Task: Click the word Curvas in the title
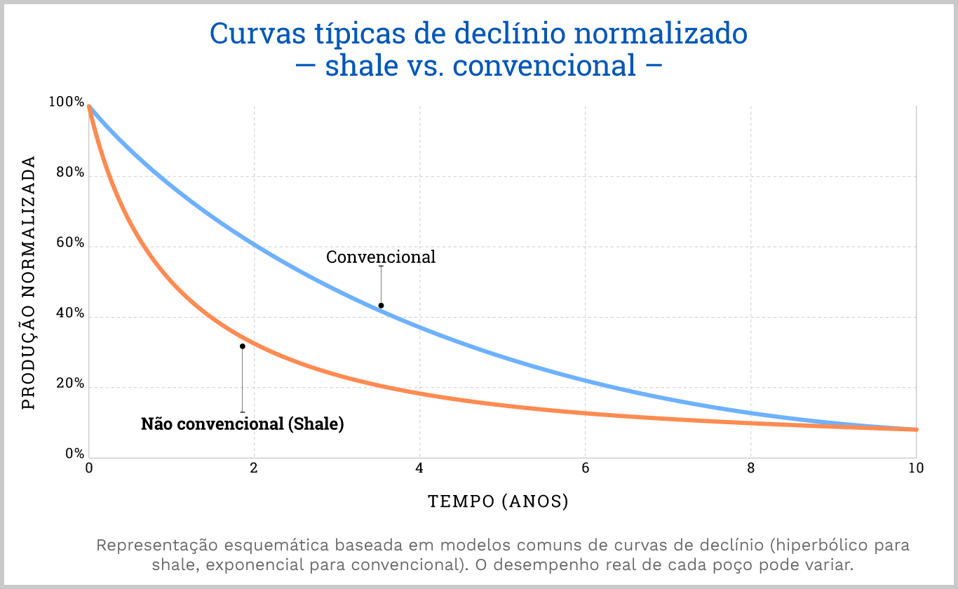248,34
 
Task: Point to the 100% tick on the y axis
66,102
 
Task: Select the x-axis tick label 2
254,468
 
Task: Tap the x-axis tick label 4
419,468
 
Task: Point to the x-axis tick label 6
585,468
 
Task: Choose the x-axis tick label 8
750,468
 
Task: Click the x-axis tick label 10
915,468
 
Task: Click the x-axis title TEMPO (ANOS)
498,501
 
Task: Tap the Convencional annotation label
381,257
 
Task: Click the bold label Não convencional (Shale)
243,424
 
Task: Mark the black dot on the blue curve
381,306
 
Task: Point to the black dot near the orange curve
243,346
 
